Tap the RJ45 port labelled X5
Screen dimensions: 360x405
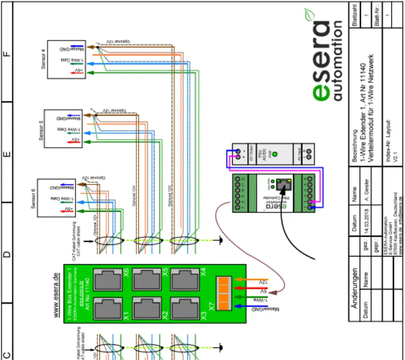[147, 279]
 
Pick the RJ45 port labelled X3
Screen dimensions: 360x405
[185, 307]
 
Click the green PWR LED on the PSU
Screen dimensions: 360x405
[274, 154]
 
